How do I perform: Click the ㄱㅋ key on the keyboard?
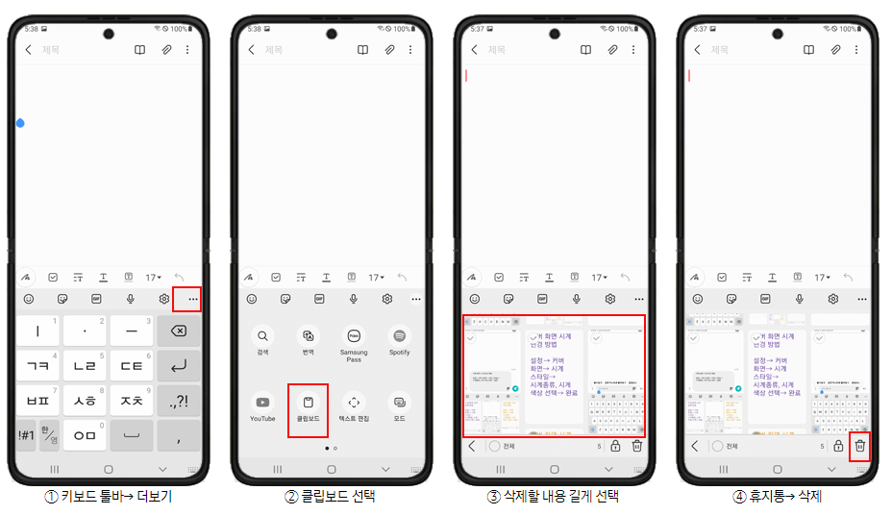[38, 365]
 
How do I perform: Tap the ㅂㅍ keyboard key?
[38, 400]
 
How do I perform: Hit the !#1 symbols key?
[26, 434]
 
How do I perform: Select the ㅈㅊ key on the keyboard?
[132, 400]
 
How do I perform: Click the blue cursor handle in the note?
[20, 123]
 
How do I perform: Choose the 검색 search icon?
[262, 336]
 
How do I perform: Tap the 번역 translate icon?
[308, 336]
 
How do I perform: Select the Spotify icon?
[400, 336]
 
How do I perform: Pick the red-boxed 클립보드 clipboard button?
[308, 409]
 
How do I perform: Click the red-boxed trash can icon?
[860, 446]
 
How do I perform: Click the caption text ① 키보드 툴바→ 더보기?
[108, 497]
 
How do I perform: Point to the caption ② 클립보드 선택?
[330, 497]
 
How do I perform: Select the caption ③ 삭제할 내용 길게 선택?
[554, 497]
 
